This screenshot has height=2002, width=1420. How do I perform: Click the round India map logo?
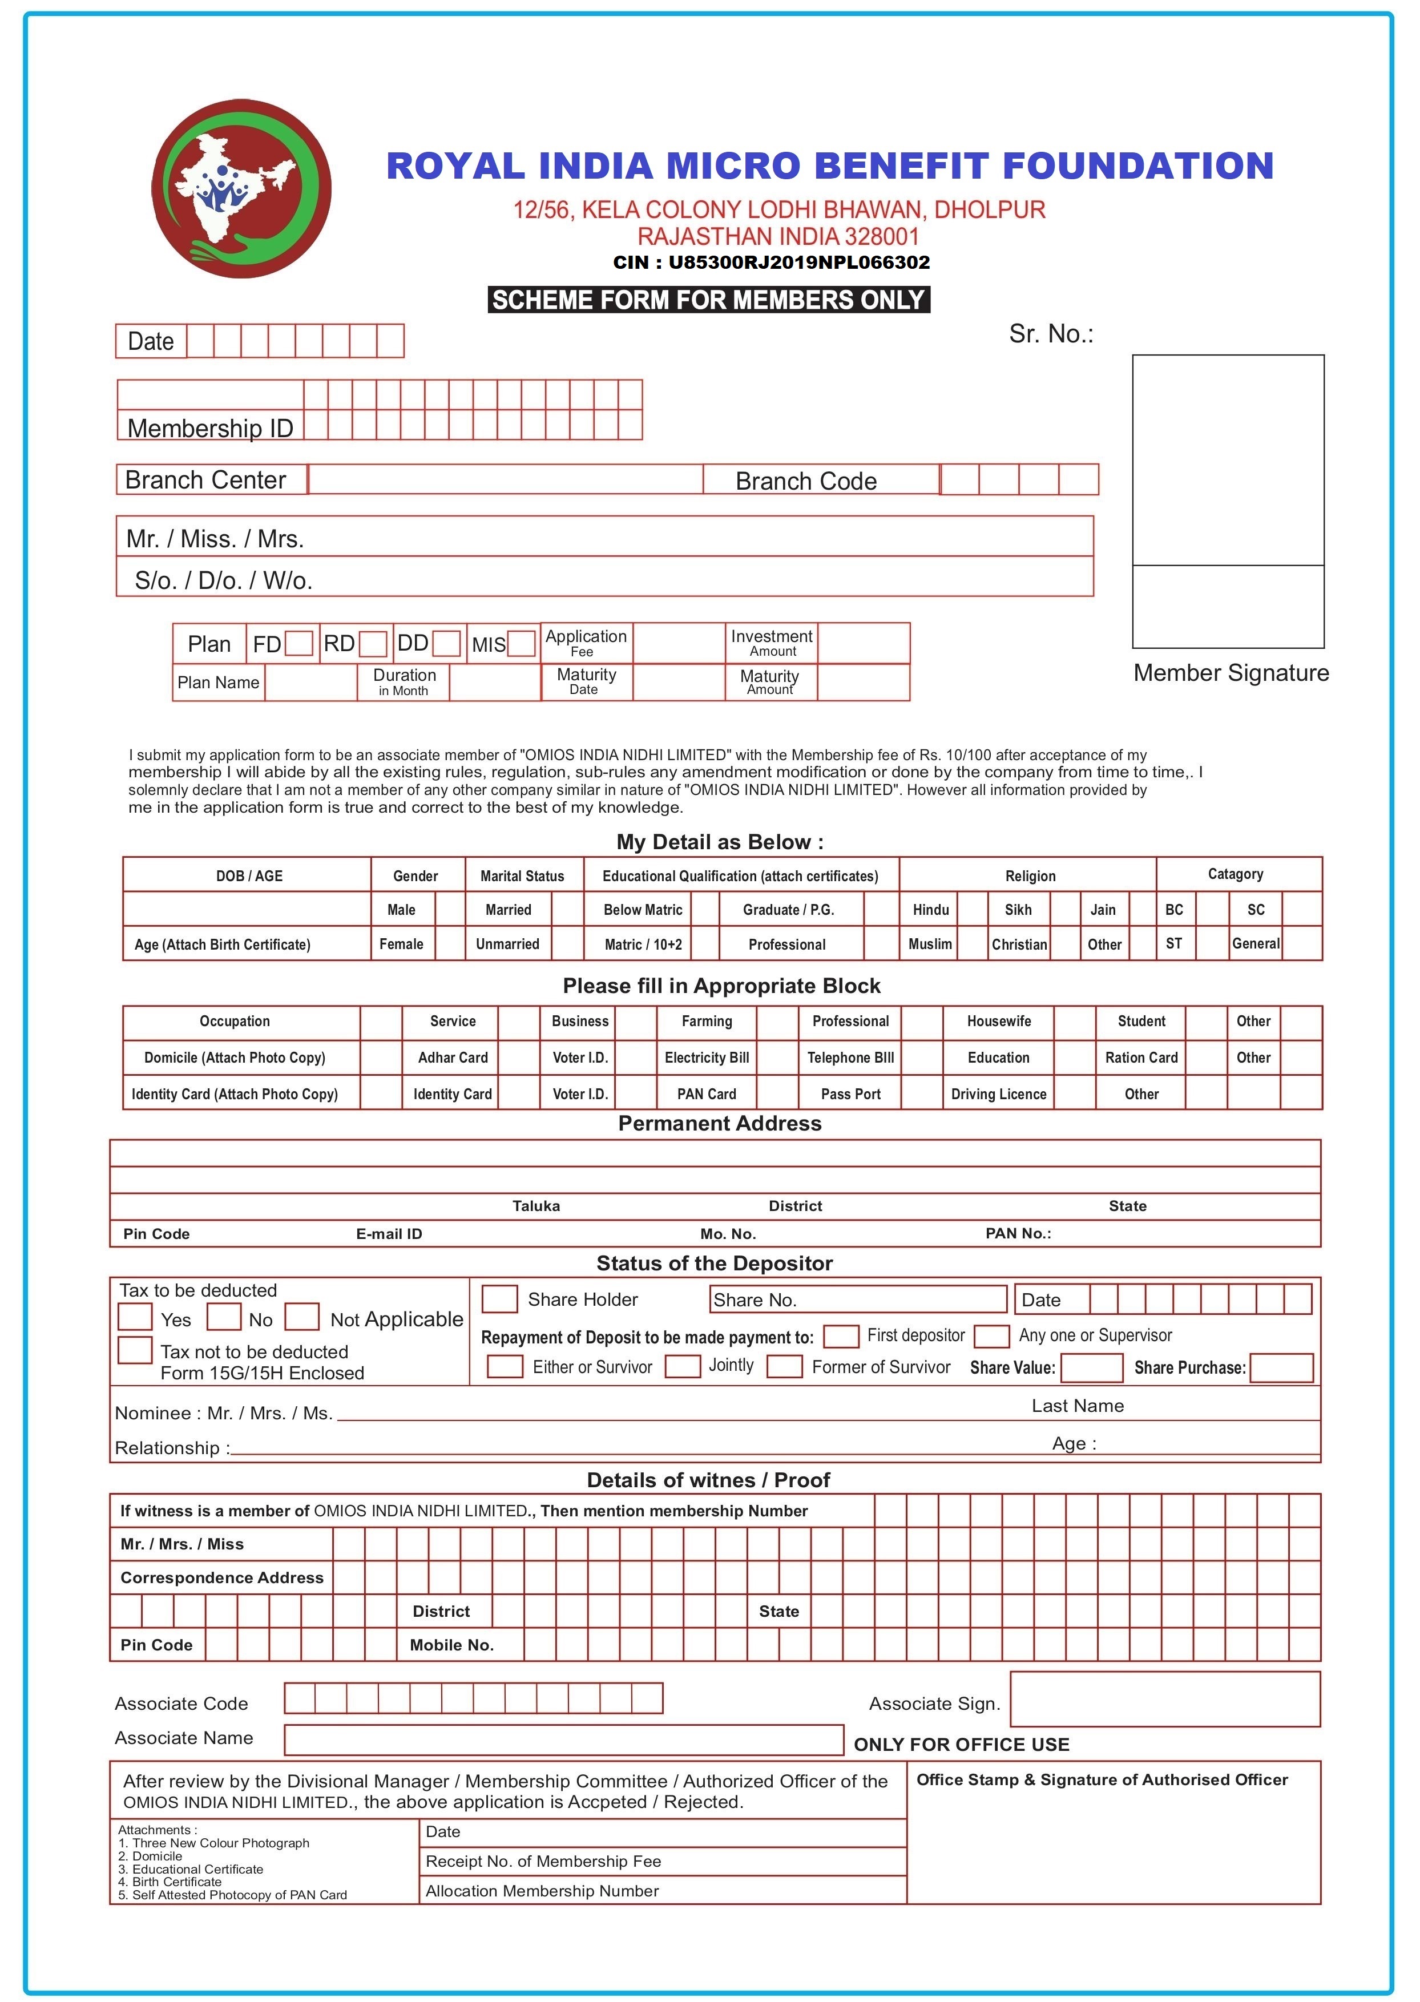(241, 189)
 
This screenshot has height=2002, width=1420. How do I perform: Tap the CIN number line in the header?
(771, 263)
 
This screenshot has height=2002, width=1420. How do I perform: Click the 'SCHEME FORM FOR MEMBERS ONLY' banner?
(708, 300)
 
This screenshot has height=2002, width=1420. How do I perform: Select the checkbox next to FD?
(299, 644)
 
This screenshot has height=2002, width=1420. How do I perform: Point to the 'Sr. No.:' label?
(1051, 334)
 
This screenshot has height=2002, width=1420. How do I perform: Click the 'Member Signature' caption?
(1231, 673)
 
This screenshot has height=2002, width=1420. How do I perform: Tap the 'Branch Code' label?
(805, 481)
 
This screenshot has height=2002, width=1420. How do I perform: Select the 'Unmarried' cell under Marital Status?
(507, 944)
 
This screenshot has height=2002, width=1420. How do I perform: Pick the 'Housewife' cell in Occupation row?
(999, 1021)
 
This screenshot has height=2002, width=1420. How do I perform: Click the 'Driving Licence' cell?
(999, 1093)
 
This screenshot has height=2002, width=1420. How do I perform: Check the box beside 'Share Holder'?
(499, 1299)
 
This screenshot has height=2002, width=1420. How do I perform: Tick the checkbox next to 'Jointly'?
(682, 1366)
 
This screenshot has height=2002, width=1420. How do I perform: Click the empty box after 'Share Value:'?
(1091, 1368)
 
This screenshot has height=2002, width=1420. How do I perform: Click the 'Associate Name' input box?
(563, 1739)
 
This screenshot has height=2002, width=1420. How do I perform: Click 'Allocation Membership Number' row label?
(542, 1891)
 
